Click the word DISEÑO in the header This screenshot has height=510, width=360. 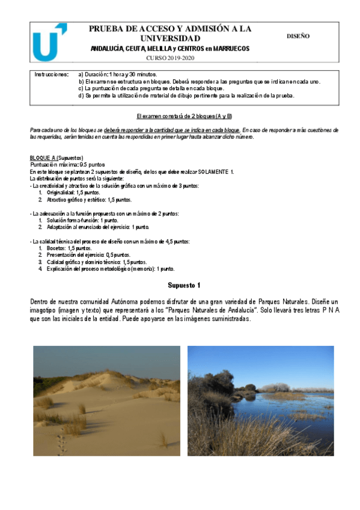point(298,36)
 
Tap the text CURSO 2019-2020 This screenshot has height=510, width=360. point(171,58)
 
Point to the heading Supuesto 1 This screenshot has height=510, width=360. point(184,285)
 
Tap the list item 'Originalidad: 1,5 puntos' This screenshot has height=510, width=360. point(73,192)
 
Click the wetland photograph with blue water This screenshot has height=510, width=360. point(260,401)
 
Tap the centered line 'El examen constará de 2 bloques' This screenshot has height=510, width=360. point(184,115)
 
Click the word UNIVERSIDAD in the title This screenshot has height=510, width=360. point(171,38)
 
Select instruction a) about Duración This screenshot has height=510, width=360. point(118,74)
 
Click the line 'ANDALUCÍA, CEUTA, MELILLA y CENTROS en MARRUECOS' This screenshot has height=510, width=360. point(171,49)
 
